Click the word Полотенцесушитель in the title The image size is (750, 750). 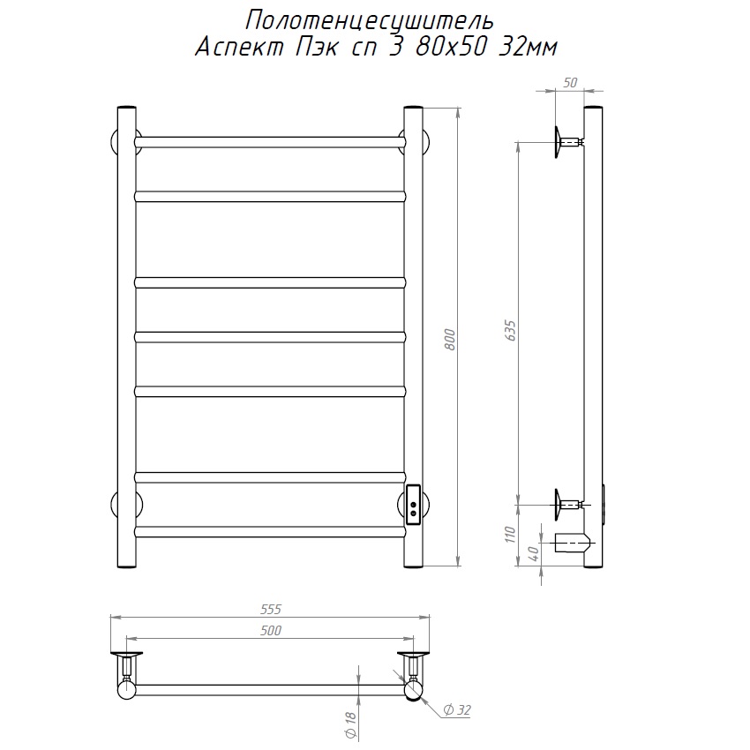point(369,21)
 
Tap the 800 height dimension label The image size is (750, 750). point(450,339)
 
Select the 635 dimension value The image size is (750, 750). point(510,331)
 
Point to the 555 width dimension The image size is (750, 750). point(271,609)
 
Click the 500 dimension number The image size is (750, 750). point(271,630)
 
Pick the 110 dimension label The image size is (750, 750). point(510,535)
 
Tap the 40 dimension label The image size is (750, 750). point(535,553)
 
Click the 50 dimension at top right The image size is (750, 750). point(570,83)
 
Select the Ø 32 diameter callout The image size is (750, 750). point(457,709)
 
